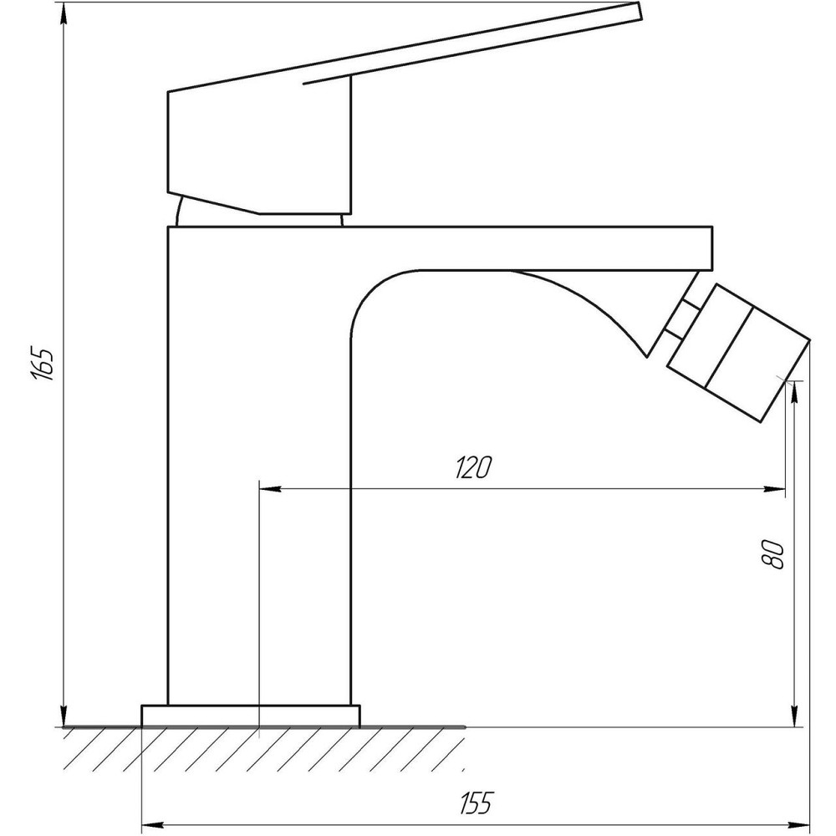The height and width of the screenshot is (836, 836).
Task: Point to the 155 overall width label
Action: point(476,803)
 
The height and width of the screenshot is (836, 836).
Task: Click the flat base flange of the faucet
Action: point(250,716)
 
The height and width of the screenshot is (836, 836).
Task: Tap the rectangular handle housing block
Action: point(259,146)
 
